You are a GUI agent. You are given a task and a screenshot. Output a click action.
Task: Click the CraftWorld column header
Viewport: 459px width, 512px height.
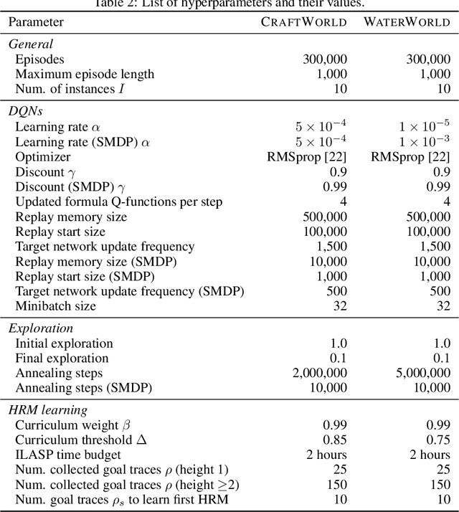pyautogui.click(x=303, y=22)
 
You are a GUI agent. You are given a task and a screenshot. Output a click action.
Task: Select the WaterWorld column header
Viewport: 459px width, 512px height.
pyautogui.click(x=407, y=22)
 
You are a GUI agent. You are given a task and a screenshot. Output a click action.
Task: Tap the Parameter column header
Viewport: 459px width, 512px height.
pyautogui.click(x=37, y=22)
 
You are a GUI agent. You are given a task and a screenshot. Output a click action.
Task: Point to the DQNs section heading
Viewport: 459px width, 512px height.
pyautogui.click(x=27, y=110)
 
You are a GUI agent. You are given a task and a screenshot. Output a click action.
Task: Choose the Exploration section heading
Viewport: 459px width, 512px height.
pyautogui.click(x=40, y=328)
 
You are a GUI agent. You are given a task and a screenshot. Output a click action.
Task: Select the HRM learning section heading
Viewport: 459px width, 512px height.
pyautogui.click(x=47, y=409)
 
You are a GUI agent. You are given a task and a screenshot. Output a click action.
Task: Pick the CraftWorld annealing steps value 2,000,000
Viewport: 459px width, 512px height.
pyautogui.click(x=317, y=373)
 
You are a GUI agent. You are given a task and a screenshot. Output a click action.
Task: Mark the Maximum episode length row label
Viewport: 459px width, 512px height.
pyautogui.click(x=85, y=74)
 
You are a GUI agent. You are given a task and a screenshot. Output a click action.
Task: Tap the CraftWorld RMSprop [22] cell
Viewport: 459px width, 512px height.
pyautogui.click(x=313, y=156)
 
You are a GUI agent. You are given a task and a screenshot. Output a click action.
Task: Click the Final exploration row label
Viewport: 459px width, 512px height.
pyautogui.click(x=62, y=358)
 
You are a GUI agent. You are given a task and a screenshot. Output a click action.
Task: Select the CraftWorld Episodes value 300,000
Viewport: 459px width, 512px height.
pyautogui.click(x=325, y=59)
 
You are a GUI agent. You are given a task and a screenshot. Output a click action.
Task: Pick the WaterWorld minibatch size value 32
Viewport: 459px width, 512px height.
pyautogui.click(x=443, y=305)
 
